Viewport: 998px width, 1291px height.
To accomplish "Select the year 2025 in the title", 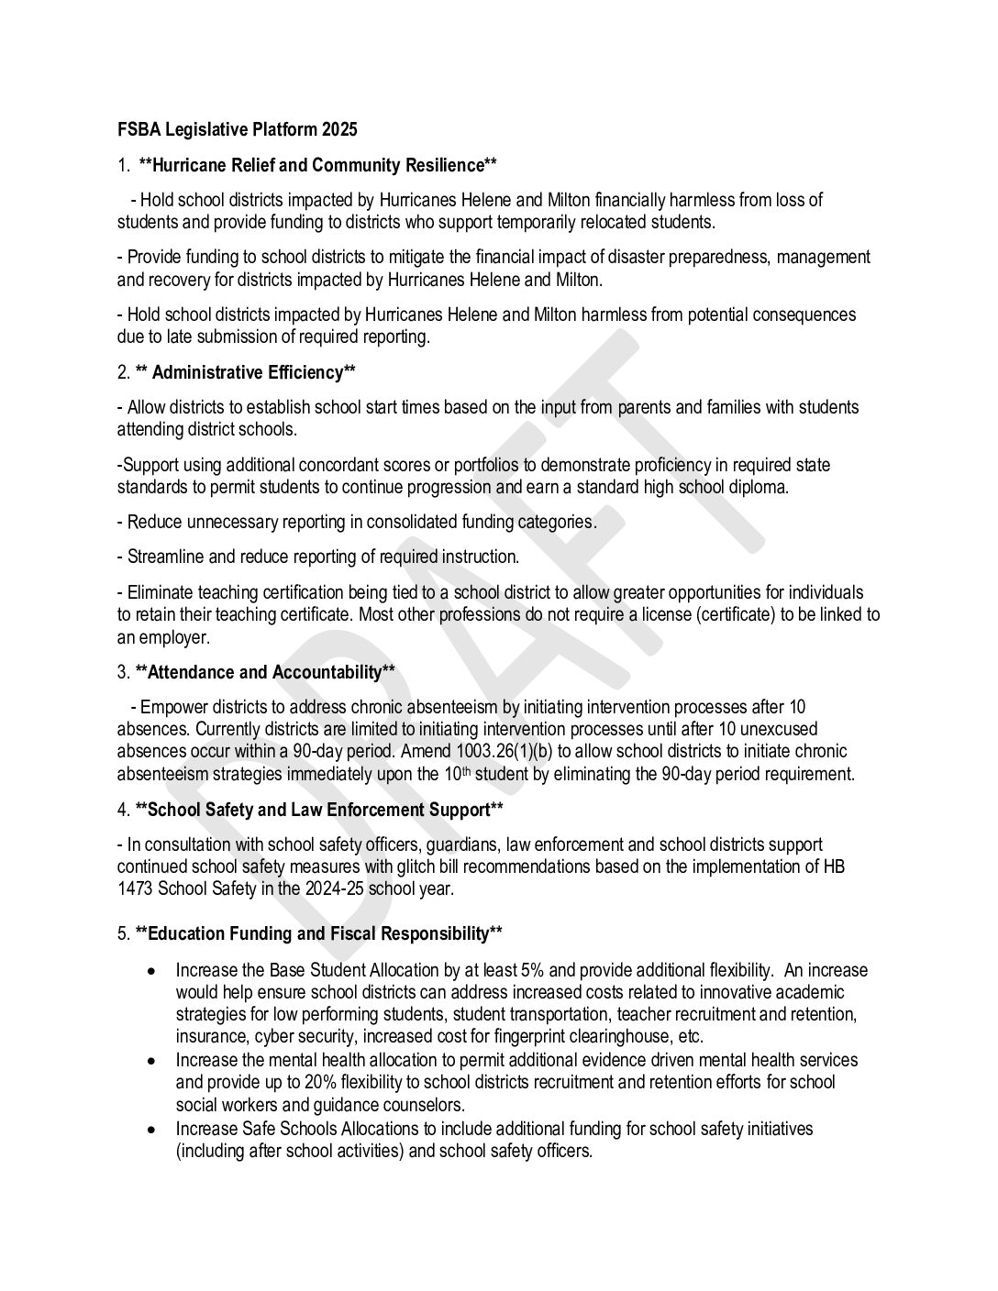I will click(x=339, y=130).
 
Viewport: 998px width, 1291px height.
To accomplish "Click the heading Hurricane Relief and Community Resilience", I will click(x=317, y=166).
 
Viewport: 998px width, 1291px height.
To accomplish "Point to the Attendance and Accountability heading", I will click(x=265, y=673).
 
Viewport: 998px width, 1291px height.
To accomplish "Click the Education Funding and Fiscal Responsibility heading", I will click(x=318, y=934).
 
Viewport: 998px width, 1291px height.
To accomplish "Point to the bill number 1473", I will click(x=136, y=889).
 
